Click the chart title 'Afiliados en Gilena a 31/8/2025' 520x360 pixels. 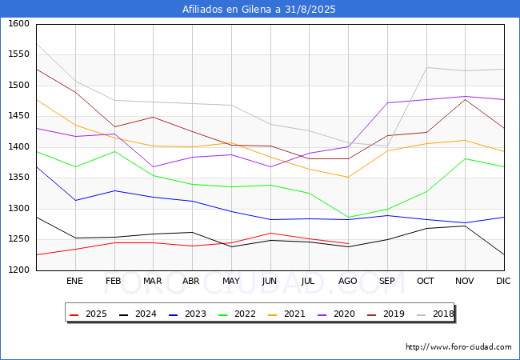[258, 10]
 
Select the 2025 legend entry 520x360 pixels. [89, 314]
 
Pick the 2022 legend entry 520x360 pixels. [237, 314]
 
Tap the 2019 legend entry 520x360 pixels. [386, 314]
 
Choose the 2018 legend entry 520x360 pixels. [435, 314]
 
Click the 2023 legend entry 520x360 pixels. [188, 314]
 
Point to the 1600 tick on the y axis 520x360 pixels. [19, 23]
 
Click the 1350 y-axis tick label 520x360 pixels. [19, 178]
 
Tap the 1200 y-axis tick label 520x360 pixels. [19, 270]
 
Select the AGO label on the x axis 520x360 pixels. [347, 281]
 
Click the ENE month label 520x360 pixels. [74, 281]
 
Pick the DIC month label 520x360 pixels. [503, 281]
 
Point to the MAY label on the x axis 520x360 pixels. [231, 281]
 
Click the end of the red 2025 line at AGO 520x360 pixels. [348, 244]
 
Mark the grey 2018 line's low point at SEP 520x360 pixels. [387, 146]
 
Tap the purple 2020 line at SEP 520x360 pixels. [387, 102]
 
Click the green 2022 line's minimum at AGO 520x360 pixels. [348, 218]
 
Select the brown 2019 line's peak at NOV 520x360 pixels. [466, 99]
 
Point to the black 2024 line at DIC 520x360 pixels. [504, 254]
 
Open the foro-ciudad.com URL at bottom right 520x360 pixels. [458, 347]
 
